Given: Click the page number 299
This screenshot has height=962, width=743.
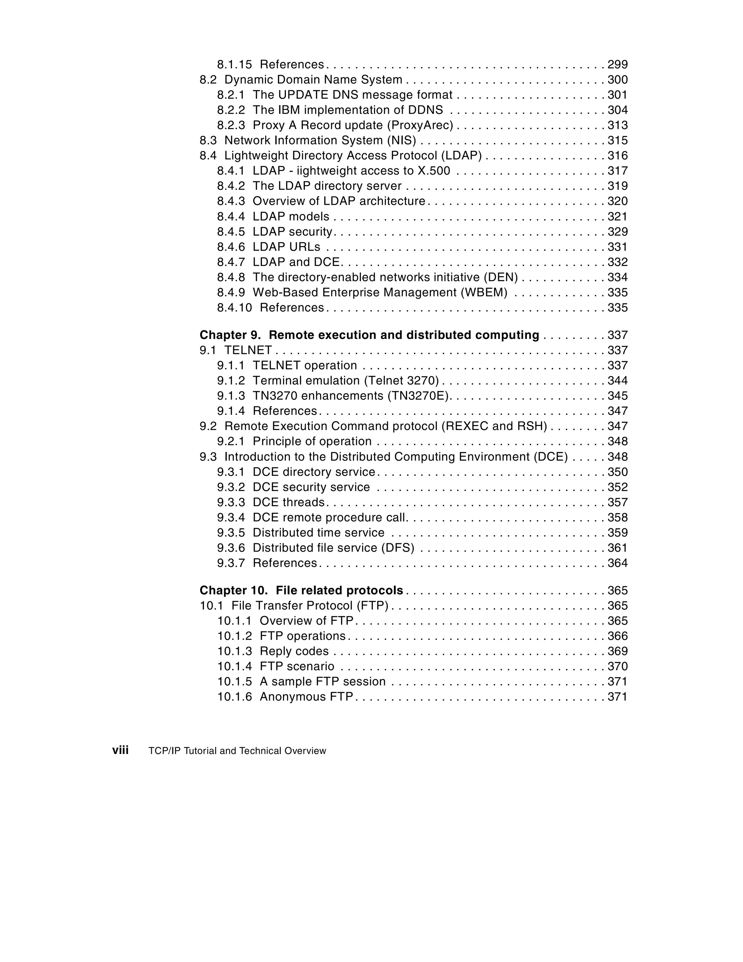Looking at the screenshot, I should click(x=617, y=65).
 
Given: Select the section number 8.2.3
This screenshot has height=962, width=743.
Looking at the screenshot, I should click(x=230, y=126).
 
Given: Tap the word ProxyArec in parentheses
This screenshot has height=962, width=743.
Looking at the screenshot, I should click(x=420, y=126).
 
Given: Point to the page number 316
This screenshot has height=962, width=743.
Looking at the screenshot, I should click(x=617, y=156).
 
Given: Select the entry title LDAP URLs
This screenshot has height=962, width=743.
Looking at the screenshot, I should click(x=286, y=247).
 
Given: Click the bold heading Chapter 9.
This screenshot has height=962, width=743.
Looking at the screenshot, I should click(x=230, y=335).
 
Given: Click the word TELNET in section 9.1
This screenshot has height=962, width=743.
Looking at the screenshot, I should click(x=248, y=351).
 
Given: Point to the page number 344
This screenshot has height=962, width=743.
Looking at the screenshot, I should click(x=617, y=381).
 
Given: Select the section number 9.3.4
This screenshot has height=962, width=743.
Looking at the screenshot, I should click(x=230, y=517).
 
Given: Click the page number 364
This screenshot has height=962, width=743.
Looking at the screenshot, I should click(x=617, y=563).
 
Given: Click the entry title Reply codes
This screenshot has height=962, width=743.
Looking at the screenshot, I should click(x=294, y=651).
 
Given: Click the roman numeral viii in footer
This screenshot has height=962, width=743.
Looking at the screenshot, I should click(x=120, y=750).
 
